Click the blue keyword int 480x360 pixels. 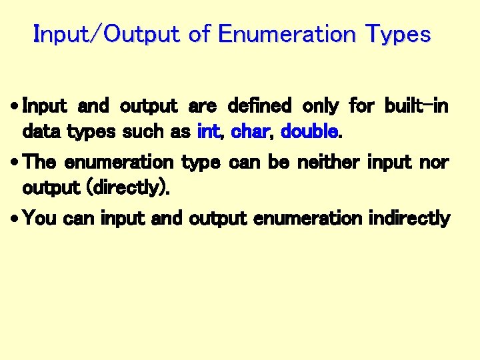click(209, 131)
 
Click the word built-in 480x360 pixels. click(417, 105)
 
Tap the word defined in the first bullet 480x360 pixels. click(259, 105)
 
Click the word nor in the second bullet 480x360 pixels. click(436, 162)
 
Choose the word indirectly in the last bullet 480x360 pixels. click(409, 219)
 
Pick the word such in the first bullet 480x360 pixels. click(144, 131)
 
